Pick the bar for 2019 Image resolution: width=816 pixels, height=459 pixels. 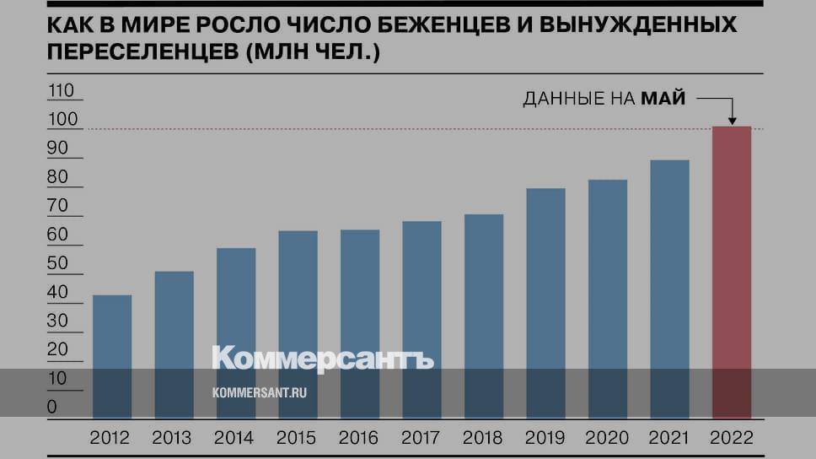click(545, 303)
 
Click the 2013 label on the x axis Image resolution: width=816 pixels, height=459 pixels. click(172, 439)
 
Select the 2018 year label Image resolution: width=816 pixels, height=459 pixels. click(482, 439)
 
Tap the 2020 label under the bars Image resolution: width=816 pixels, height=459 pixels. click(607, 439)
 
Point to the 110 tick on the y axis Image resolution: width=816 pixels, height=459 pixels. click(62, 91)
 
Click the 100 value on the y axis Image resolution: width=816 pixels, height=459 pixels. click(62, 121)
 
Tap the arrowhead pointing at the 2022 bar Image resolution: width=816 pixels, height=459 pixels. click(731, 120)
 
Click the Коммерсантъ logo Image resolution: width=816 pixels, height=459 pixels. click(323, 359)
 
